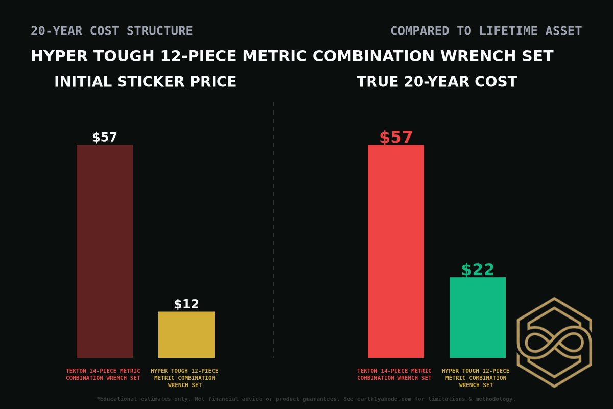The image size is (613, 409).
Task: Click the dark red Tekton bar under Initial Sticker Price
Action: (x=105, y=251)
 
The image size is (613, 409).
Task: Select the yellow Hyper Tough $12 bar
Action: (x=186, y=334)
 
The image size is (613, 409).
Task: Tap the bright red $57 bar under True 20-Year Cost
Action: (x=396, y=251)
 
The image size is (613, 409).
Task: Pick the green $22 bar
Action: (x=478, y=317)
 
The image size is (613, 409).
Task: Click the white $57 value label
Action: (x=105, y=138)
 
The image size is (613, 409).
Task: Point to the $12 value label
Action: (x=186, y=304)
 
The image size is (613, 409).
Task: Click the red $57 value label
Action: (x=396, y=138)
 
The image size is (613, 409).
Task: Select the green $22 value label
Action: (x=478, y=269)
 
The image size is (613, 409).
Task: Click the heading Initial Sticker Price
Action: (x=145, y=82)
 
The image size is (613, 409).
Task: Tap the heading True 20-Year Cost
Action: (x=437, y=82)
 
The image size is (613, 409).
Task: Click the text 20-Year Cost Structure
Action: (x=112, y=31)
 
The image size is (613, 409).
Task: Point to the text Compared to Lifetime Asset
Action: (x=486, y=31)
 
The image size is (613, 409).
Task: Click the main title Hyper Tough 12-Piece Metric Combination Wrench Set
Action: (x=292, y=56)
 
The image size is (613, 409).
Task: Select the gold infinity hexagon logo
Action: (x=554, y=342)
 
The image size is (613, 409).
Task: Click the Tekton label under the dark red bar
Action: (x=103, y=374)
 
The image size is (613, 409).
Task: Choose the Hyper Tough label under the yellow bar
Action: (x=184, y=378)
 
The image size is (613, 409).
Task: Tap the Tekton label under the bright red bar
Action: (x=394, y=374)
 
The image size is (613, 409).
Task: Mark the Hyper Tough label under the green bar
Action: (x=476, y=378)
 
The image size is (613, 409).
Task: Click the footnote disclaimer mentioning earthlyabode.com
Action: (x=306, y=399)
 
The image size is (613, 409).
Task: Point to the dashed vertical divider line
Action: (x=273, y=230)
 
